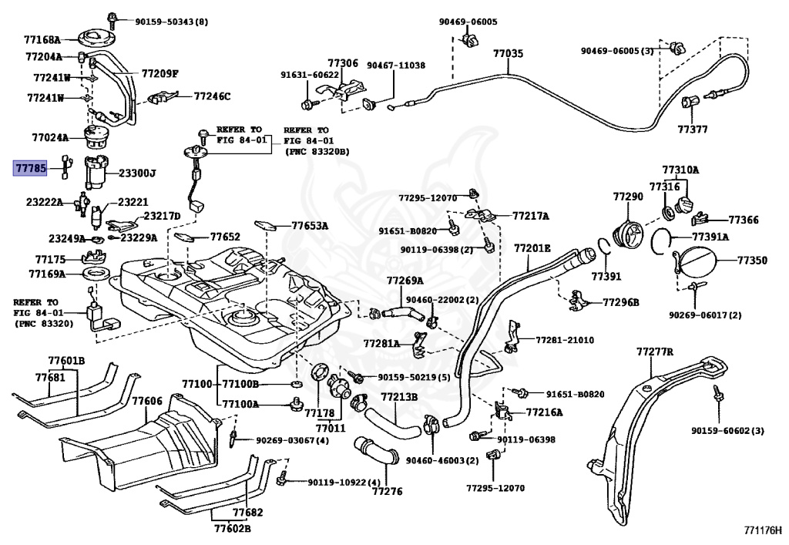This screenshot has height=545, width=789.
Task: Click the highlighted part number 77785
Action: pyautogui.click(x=31, y=168)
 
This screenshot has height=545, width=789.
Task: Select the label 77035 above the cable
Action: pyautogui.click(x=508, y=53)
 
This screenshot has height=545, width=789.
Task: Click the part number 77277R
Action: pyautogui.click(x=655, y=352)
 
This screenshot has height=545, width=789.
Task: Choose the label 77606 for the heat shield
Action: pyautogui.click(x=147, y=401)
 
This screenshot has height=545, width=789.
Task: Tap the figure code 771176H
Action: pyautogui.click(x=764, y=530)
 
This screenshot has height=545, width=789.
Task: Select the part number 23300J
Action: pyautogui.click(x=137, y=173)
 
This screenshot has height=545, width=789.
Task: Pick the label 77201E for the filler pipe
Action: pyautogui.click(x=532, y=248)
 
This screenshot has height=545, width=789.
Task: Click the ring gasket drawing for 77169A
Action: pyautogui.click(x=96, y=274)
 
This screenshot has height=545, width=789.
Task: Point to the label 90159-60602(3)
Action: pyautogui.click(x=727, y=430)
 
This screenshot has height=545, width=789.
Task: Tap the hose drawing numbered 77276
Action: pyautogui.click(x=376, y=450)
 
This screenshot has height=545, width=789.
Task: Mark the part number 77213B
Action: pyautogui.click(x=399, y=397)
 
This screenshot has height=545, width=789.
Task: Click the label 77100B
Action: pyautogui.click(x=240, y=385)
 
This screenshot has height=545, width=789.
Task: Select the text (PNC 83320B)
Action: pyautogui.click(x=317, y=151)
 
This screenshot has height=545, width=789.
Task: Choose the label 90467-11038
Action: pyautogui.click(x=395, y=65)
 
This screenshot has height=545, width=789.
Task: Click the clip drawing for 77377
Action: pyautogui.click(x=689, y=103)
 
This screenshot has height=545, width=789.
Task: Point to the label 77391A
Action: pyautogui.click(x=710, y=237)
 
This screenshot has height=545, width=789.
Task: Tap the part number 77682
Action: pyautogui.click(x=247, y=513)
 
